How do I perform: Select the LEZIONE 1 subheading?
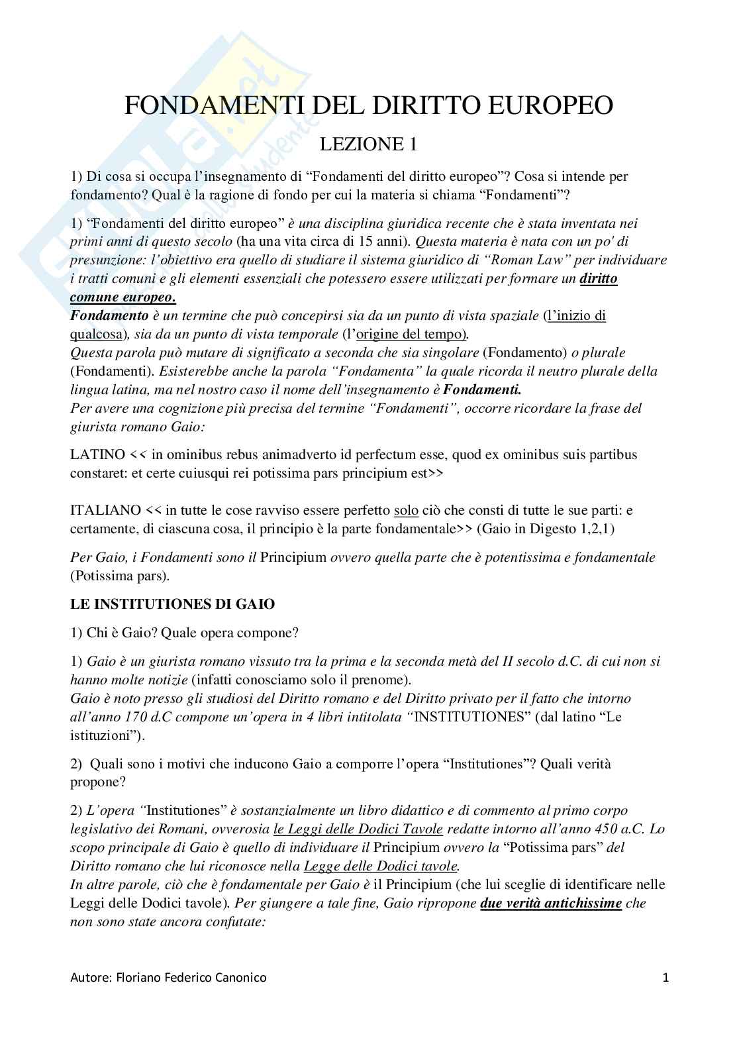(x=369, y=144)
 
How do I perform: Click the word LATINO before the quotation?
(x=97, y=454)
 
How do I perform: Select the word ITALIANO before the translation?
(x=105, y=510)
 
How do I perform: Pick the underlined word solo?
(x=405, y=510)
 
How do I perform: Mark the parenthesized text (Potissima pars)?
(x=120, y=575)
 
